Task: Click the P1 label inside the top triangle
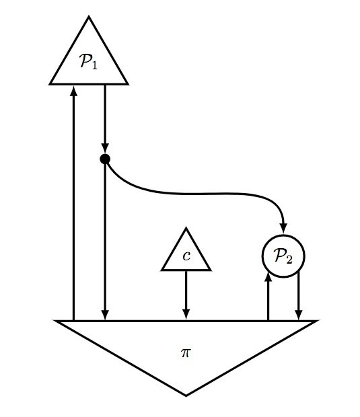click(x=88, y=61)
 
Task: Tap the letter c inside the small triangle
click(x=186, y=256)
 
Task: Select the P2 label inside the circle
click(x=283, y=256)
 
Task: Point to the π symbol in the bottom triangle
click(x=186, y=353)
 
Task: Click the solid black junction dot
click(x=105, y=159)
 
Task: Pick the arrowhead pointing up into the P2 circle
click(x=268, y=276)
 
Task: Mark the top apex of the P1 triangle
click(x=89, y=17)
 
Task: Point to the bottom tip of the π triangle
click(x=186, y=395)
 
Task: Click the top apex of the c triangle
click(x=186, y=228)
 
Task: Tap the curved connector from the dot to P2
click(x=203, y=194)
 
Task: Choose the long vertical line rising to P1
click(x=74, y=202)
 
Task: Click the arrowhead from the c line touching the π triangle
click(x=186, y=314)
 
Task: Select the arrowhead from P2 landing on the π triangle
click(x=299, y=314)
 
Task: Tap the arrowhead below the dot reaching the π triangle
click(x=105, y=314)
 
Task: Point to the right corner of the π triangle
click(x=317, y=321)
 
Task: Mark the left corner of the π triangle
click(x=55, y=321)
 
